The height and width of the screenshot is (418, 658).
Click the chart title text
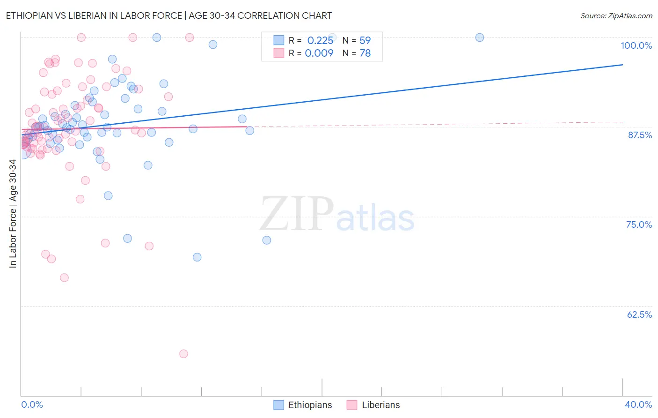tap(168, 15)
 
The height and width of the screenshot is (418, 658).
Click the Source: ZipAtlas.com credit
tap(616, 15)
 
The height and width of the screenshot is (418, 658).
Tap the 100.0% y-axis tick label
tap(636, 45)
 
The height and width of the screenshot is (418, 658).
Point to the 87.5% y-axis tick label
tap(640, 135)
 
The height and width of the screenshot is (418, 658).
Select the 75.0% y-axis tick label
tap(639, 224)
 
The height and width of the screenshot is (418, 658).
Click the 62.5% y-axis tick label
tap(639, 314)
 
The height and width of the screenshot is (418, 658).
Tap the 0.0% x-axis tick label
tap(32, 404)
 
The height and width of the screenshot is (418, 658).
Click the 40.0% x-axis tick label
tap(638, 404)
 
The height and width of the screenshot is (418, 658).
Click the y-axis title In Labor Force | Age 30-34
tap(13, 214)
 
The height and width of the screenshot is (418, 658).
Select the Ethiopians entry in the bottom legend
tap(310, 405)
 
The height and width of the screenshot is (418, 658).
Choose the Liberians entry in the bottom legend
tap(380, 405)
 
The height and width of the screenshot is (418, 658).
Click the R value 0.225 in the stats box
tap(320, 40)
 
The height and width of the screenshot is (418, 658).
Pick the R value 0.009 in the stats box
tap(319, 53)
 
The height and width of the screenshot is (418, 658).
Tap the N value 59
tap(365, 40)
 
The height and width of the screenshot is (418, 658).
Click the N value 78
tap(365, 53)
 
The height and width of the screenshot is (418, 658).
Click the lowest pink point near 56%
tap(183, 354)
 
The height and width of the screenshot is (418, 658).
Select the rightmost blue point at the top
tap(480, 37)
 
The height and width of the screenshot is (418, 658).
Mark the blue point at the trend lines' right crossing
tap(250, 131)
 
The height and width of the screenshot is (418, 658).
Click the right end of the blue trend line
tap(622, 65)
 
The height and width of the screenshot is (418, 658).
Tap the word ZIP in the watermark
tap(297, 214)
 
